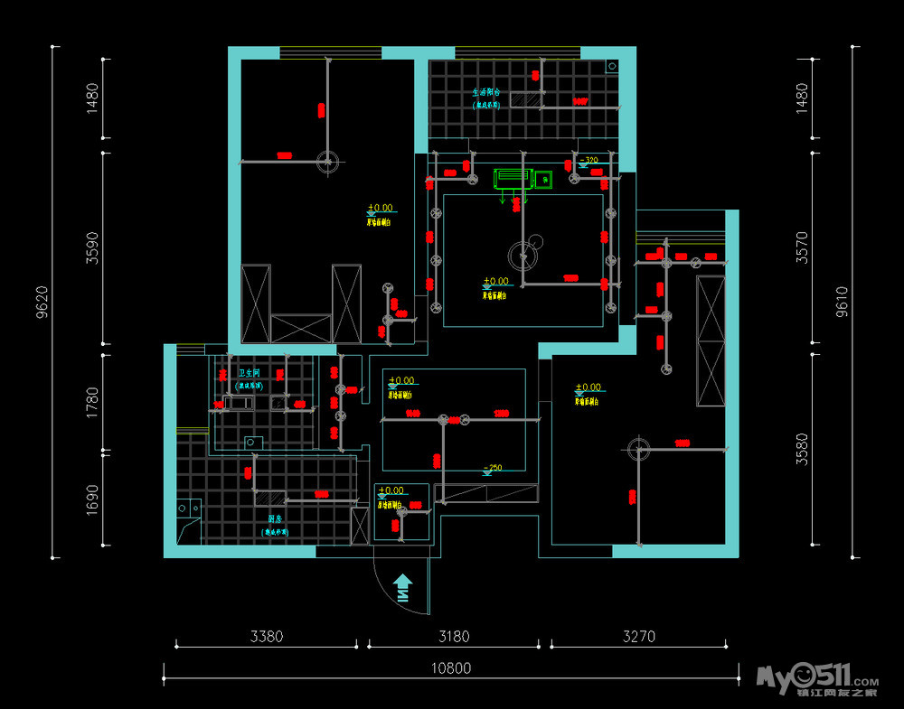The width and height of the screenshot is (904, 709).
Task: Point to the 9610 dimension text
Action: (841, 302)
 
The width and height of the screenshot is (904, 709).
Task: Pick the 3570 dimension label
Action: (801, 246)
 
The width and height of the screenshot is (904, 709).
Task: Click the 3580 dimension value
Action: (801, 447)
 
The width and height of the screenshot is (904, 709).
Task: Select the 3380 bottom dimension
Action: (266, 636)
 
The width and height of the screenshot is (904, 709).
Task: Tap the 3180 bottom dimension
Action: (454, 636)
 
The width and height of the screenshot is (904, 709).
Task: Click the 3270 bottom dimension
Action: (638, 636)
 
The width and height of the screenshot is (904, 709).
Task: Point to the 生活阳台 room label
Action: (486, 92)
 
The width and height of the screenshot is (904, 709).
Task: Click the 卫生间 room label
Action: (250, 372)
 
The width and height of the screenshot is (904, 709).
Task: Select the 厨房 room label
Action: (276, 519)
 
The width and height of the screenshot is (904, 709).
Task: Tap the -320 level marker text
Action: (589, 161)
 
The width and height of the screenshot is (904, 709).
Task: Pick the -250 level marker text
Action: (494, 468)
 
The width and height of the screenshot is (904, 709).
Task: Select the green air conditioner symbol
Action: (512, 178)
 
